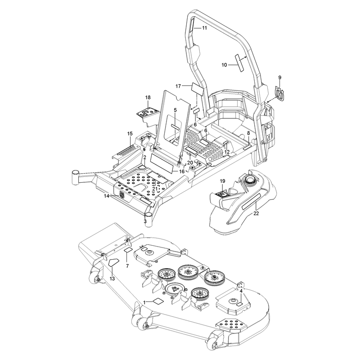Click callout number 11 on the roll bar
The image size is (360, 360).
pos(204,28)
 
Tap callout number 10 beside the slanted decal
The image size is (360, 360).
pos(224,65)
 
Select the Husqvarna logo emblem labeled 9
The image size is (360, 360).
pos(279,94)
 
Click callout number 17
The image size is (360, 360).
pos(178,86)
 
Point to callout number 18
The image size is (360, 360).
pos(148,97)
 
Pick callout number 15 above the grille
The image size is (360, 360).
pos(130,134)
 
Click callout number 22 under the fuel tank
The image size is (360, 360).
pos(256,213)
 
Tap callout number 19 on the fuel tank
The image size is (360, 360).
pos(222,181)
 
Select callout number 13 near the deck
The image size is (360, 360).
pos(112,279)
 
